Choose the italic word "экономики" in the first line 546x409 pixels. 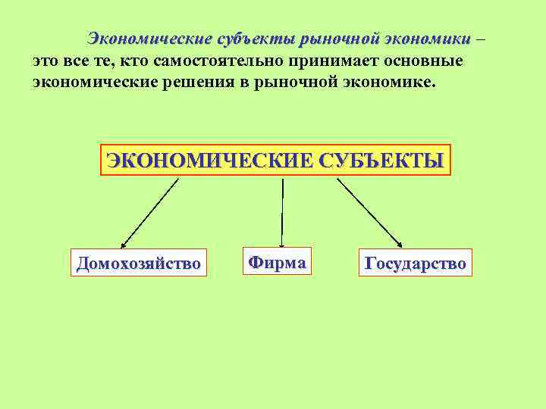(427, 38)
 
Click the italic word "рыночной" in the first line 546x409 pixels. (339, 38)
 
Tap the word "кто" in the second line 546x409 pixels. (136, 60)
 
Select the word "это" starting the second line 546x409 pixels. (46, 60)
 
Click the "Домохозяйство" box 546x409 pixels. (138, 264)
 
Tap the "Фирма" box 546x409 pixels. (277, 262)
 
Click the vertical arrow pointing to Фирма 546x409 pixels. (281, 212)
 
